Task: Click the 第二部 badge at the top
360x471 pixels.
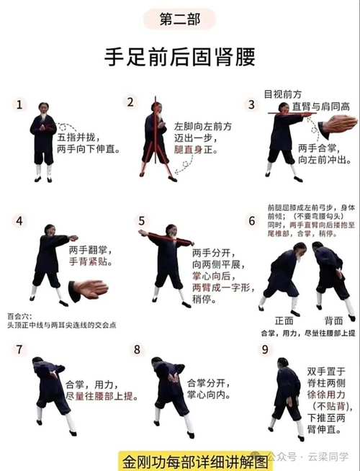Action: click(x=179, y=19)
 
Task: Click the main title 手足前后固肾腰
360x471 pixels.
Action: click(x=179, y=57)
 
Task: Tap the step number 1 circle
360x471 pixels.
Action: click(x=19, y=104)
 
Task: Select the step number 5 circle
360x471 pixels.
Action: click(x=142, y=220)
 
